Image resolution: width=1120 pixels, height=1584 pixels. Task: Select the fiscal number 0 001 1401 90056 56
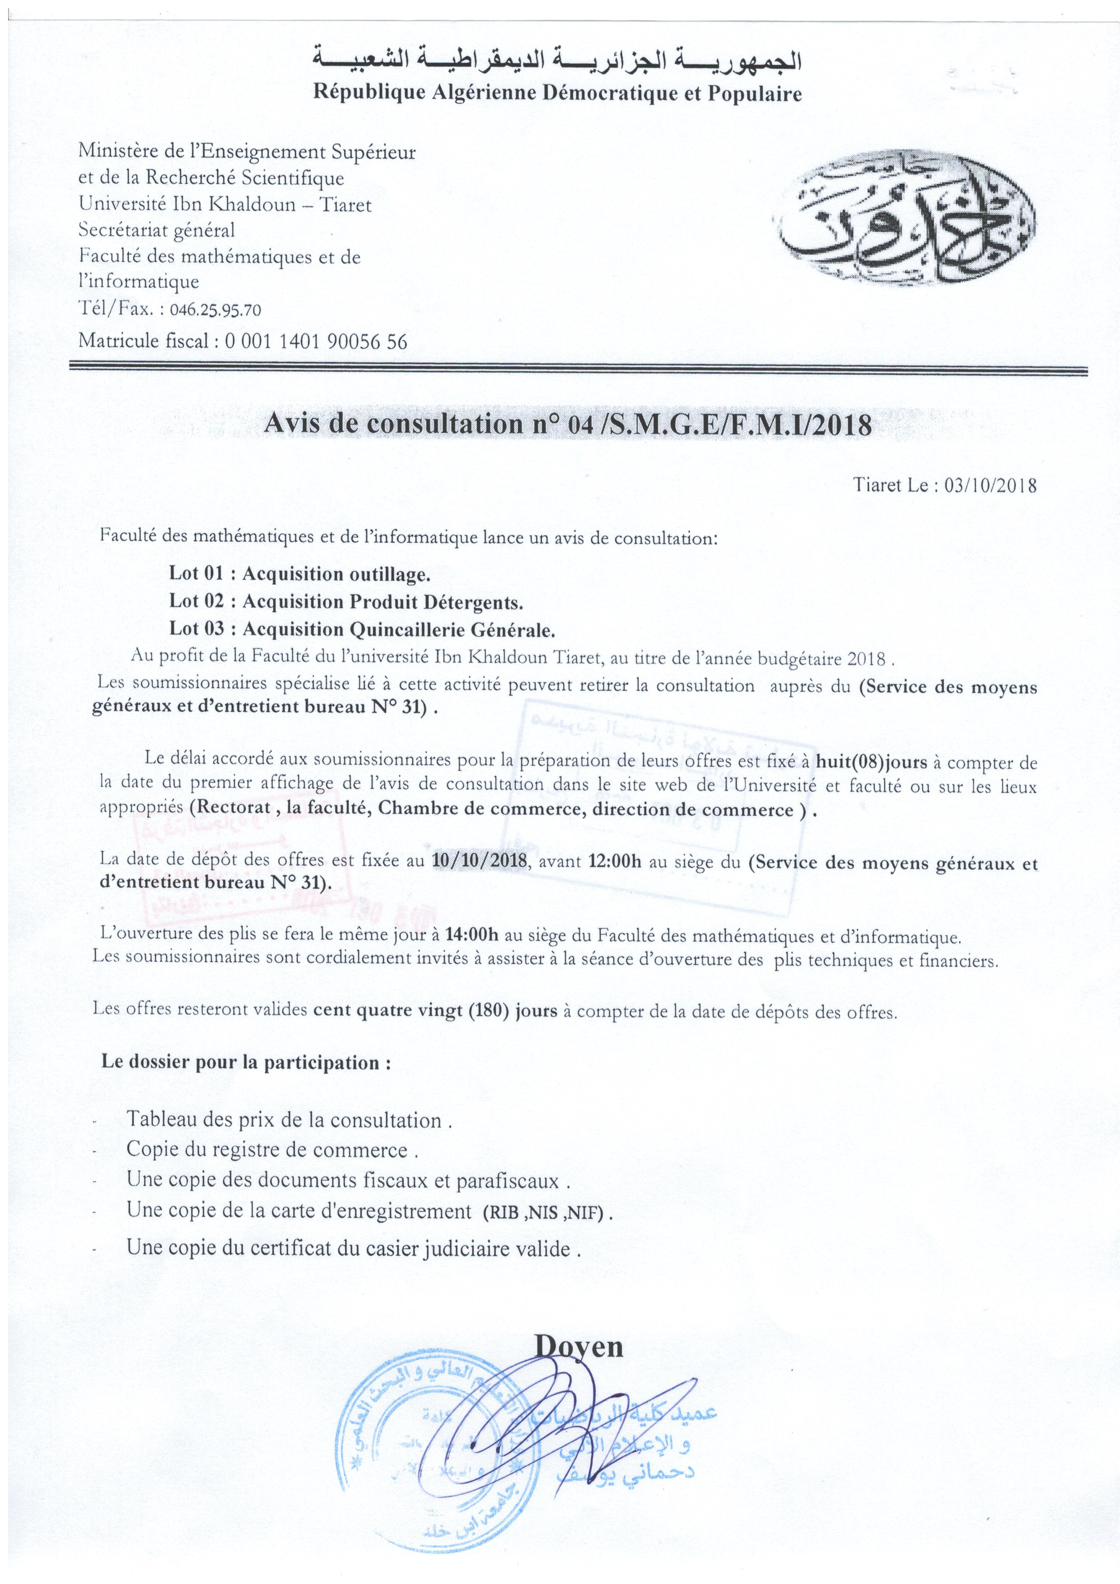pos(316,341)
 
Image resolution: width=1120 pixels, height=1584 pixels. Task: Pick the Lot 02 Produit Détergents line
pos(346,601)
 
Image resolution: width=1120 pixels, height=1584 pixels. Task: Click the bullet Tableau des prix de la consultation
pos(289,1120)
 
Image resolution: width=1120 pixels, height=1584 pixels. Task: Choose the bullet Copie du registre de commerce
pos(273,1150)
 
